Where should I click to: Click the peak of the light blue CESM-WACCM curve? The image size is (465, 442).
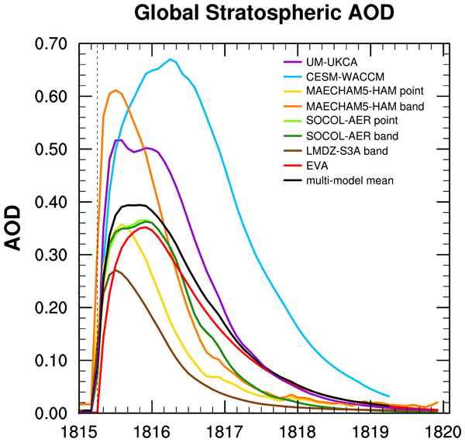170,59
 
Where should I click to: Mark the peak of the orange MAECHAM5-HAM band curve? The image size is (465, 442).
115,91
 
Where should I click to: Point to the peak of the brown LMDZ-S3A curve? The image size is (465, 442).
115,270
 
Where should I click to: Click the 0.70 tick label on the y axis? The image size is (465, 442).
53,43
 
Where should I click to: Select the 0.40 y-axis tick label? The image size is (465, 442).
53,202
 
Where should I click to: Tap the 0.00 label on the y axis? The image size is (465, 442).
53,413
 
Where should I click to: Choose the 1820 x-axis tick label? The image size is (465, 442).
448,430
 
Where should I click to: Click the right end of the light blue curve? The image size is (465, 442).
389,396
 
